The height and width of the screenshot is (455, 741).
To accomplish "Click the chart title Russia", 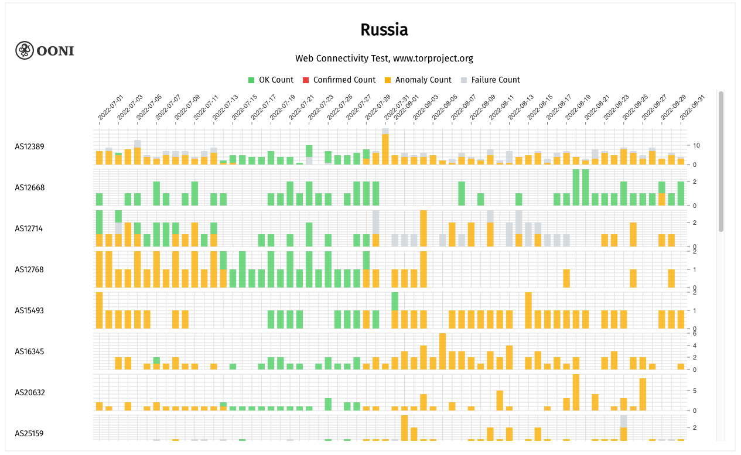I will (x=384, y=30).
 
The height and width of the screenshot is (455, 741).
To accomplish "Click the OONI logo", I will (x=45, y=51).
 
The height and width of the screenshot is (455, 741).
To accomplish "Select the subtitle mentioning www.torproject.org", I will (x=384, y=59).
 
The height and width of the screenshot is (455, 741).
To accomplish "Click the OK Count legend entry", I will (x=271, y=80).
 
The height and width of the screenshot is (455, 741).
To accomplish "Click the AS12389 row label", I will (x=30, y=146).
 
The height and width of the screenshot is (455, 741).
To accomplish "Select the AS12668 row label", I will (x=30, y=187).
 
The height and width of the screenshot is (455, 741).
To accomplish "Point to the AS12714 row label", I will (x=30, y=228).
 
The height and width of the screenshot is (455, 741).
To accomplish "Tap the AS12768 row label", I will (x=30, y=269).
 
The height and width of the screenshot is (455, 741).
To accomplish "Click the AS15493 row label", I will (x=30, y=310).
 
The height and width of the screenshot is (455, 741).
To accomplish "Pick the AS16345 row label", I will (x=30, y=351).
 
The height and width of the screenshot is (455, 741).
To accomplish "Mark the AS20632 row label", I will (x=30, y=392).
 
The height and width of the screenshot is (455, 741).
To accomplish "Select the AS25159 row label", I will (x=30, y=433).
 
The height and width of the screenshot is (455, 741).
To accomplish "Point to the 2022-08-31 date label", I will (x=692, y=108).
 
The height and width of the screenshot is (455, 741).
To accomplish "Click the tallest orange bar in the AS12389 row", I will (x=385, y=149).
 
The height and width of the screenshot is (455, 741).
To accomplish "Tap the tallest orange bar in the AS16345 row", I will (x=442, y=351).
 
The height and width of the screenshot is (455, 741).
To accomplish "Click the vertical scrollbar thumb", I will (x=721, y=161).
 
